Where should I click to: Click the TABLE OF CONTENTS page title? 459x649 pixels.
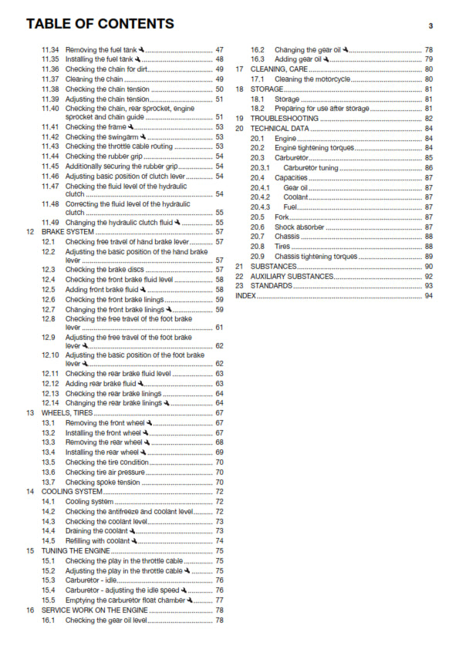tap(100, 25)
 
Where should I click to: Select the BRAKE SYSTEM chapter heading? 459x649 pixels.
tap(68, 231)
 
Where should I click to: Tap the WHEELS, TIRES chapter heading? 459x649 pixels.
tap(67, 413)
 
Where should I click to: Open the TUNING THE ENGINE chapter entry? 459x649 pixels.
tap(75, 551)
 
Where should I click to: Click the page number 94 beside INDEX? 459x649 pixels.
tap(428, 295)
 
